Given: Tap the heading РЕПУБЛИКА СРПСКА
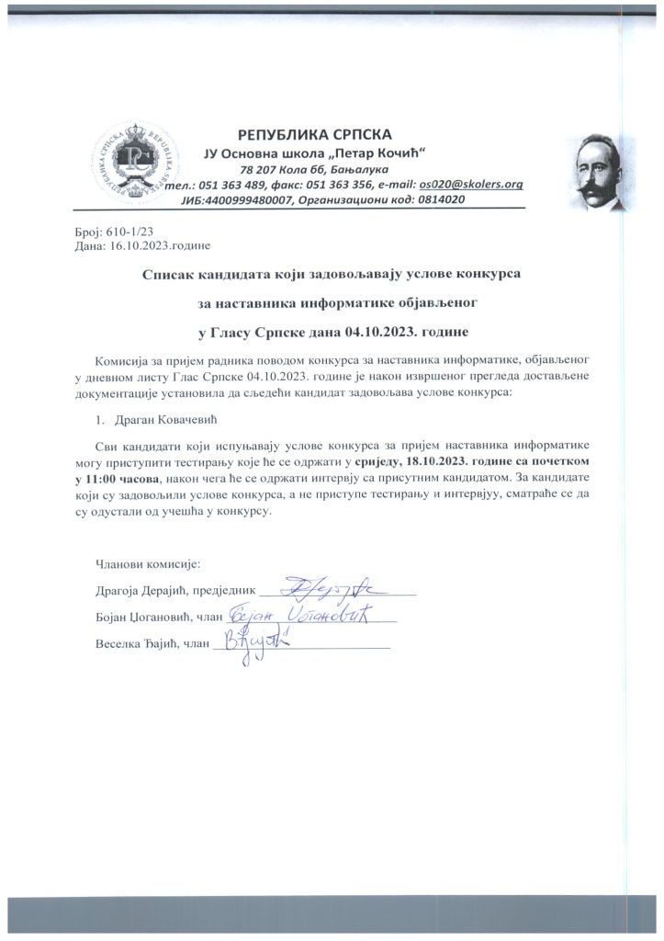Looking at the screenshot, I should coord(314,134).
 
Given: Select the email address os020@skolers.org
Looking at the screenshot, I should coord(471,185).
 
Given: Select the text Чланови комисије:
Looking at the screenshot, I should coord(148,562).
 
